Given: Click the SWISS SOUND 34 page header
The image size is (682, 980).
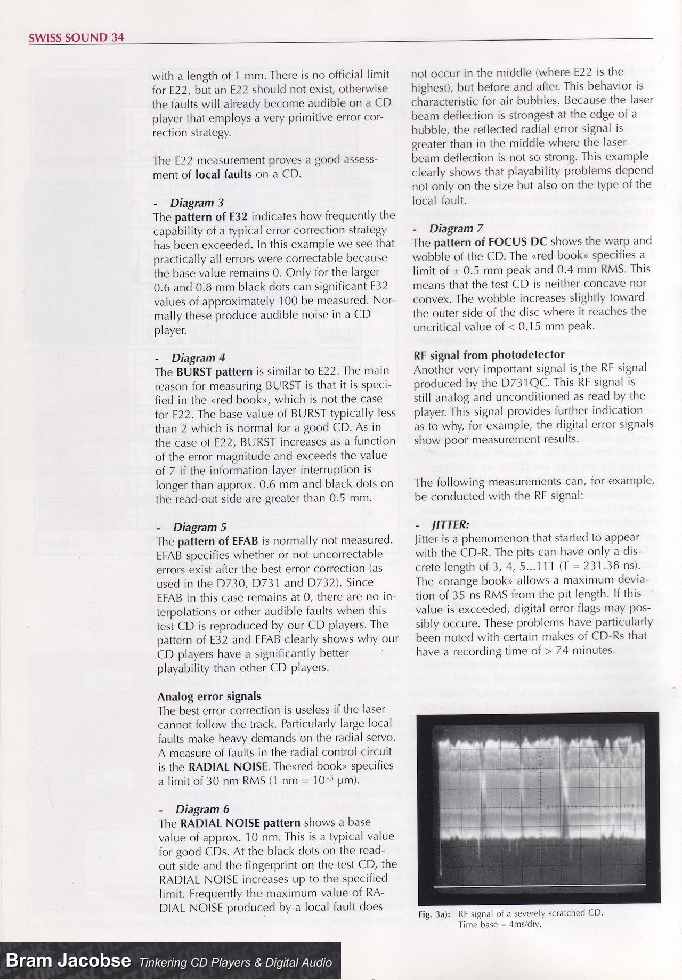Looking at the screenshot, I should pos(76,37).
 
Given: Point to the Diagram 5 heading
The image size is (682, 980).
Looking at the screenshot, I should pos(195,527).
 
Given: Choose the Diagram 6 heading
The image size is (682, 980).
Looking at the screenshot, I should pos(196,809).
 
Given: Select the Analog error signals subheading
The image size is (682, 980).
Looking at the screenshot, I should pos(209,696).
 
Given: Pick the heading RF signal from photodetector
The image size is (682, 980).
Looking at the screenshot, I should pos(489,354).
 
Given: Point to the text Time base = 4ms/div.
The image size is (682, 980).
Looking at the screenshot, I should pos(500,924).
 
